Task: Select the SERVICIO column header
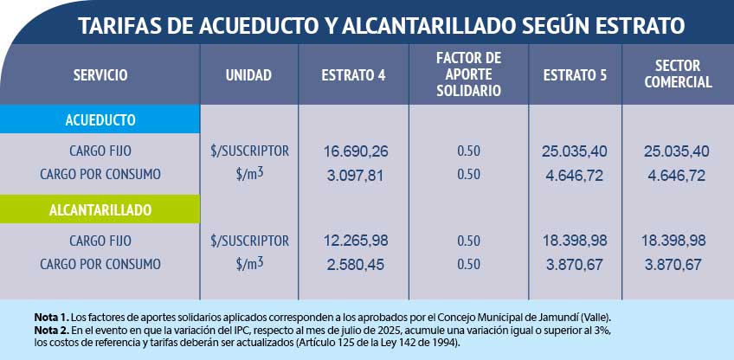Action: click(100, 75)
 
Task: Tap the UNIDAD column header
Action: click(248, 75)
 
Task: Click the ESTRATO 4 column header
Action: click(353, 75)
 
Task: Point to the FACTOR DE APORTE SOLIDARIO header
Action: click(469, 74)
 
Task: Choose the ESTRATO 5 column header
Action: click(576, 75)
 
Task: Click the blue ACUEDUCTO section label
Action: click(100, 119)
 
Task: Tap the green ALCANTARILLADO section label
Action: click(100, 209)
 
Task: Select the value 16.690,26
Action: click(356, 151)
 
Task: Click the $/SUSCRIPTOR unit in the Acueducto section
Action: click(249, 151)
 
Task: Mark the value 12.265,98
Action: click(356, 241)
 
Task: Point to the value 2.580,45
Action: click(356, 264)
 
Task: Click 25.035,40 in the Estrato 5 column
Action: click(575, 151)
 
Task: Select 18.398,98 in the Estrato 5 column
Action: click(575, 241)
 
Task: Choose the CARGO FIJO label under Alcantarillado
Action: click(100, 241)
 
